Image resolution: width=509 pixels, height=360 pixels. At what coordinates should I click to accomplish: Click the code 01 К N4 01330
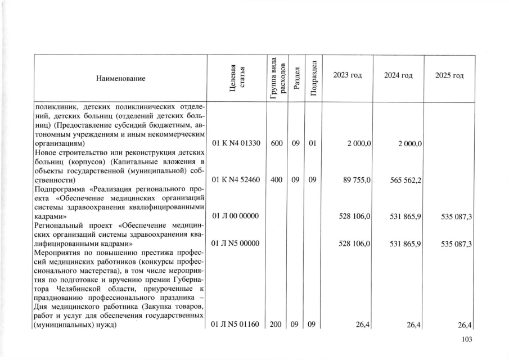236,143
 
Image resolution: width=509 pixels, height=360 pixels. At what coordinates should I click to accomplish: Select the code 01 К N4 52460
236,180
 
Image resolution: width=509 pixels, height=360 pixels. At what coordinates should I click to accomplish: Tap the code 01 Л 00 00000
236,217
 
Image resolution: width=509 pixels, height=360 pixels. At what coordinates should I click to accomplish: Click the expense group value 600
276,143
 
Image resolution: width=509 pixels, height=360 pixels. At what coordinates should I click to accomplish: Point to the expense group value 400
276,180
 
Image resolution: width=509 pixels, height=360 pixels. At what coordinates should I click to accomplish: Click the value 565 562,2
404,180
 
